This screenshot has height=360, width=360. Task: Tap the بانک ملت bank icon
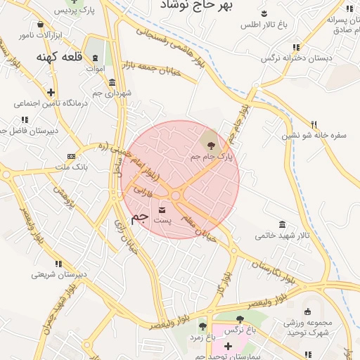click(70, 156)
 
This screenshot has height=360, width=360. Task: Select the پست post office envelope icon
click(163, 210)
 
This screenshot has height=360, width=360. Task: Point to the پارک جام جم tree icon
click(210, 146)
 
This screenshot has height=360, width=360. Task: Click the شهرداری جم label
click(112, 94)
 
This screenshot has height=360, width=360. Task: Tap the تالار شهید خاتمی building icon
click(282, 224)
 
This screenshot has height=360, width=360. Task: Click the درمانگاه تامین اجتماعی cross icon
click(51, 92)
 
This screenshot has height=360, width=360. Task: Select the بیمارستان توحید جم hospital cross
click(228, 346)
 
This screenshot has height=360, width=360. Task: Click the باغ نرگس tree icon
click(240, 319)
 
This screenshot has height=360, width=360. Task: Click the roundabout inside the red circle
click(175, 195)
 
